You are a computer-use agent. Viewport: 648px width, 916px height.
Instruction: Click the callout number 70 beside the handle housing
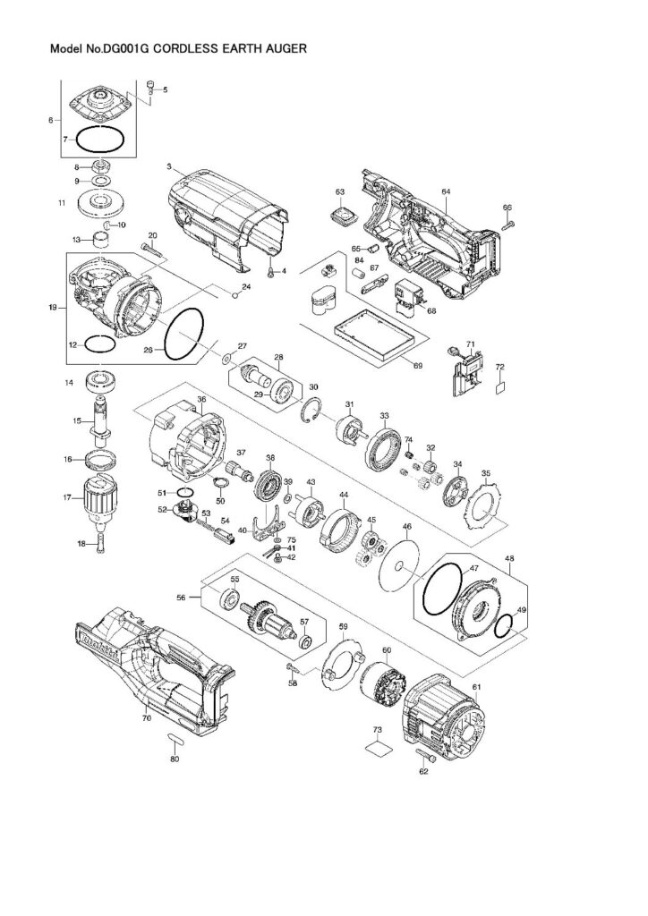[x=146, y=717]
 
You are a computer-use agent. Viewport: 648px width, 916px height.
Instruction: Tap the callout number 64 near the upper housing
[x=446, y=191]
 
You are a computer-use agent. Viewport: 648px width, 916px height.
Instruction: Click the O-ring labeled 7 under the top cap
[x=99, y=140]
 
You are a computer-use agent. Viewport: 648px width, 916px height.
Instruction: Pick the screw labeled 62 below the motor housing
[x=424, y=758]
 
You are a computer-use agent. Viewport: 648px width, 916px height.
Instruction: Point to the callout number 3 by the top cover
[x=168, y=167]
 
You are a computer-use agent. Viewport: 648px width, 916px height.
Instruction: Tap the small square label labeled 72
[x=500, y=387]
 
